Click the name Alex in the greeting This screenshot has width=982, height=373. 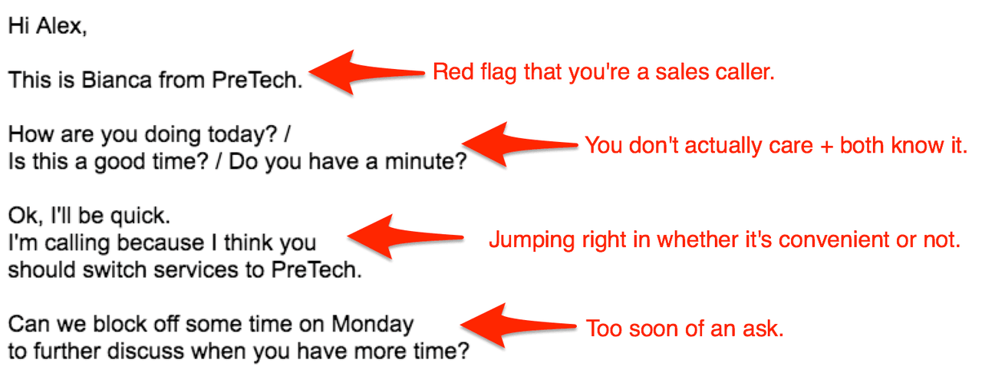(59, 26)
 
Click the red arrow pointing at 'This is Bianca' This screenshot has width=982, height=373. (367, 72)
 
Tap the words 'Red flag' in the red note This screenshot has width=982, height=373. (475, 72)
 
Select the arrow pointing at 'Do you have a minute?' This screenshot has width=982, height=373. (520, 144)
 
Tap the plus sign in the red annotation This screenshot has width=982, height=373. (826, 147)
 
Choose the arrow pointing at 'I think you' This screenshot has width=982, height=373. (405, 237)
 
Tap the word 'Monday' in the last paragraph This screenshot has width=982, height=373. (372, 325)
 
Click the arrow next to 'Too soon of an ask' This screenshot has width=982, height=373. (518, 325)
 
